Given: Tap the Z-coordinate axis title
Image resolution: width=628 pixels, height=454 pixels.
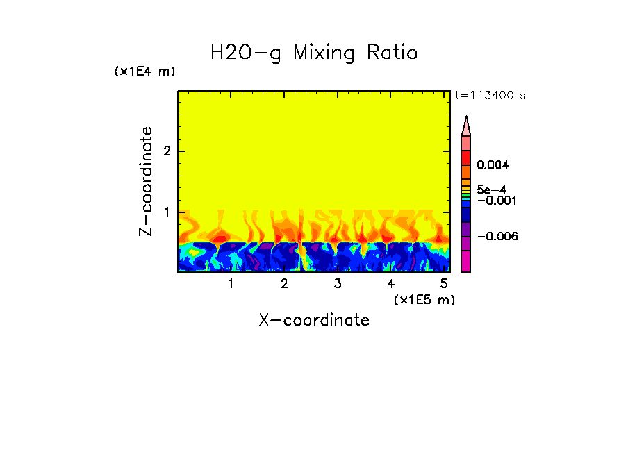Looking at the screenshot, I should [x=146, y=181].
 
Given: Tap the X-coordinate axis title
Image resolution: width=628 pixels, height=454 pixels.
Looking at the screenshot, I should [x=314, y=320].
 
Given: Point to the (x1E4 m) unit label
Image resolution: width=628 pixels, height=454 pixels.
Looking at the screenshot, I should [x=144, y=72].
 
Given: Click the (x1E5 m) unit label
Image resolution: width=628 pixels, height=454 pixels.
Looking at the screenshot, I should [x=424, y=299].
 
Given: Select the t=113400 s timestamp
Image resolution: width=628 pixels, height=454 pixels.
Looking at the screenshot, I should [x=490, y=96].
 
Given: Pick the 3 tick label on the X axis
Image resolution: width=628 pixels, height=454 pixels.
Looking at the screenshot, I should [x=337, y=284].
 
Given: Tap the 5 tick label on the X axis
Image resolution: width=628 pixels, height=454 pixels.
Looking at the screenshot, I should [x=444, y=284].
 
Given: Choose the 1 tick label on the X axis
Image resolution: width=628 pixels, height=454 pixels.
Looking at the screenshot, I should [x=231, y=284].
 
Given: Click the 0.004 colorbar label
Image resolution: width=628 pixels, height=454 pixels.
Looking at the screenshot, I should [x=493, y=165].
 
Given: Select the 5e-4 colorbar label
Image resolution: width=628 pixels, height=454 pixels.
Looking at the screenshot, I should [x=491, y=189].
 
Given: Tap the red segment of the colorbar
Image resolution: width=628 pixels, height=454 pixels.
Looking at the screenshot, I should [x=466, y=157].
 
